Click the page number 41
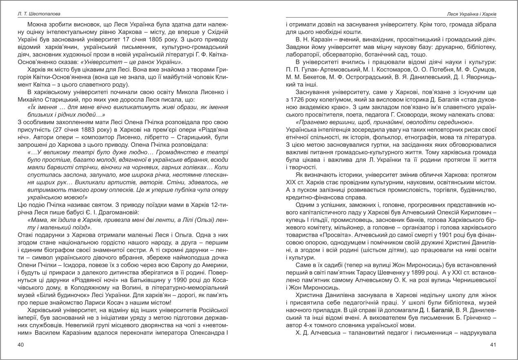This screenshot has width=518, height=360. point(493,345)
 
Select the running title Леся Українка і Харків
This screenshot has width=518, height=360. point(468,15)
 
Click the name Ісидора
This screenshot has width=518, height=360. point(76,265)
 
